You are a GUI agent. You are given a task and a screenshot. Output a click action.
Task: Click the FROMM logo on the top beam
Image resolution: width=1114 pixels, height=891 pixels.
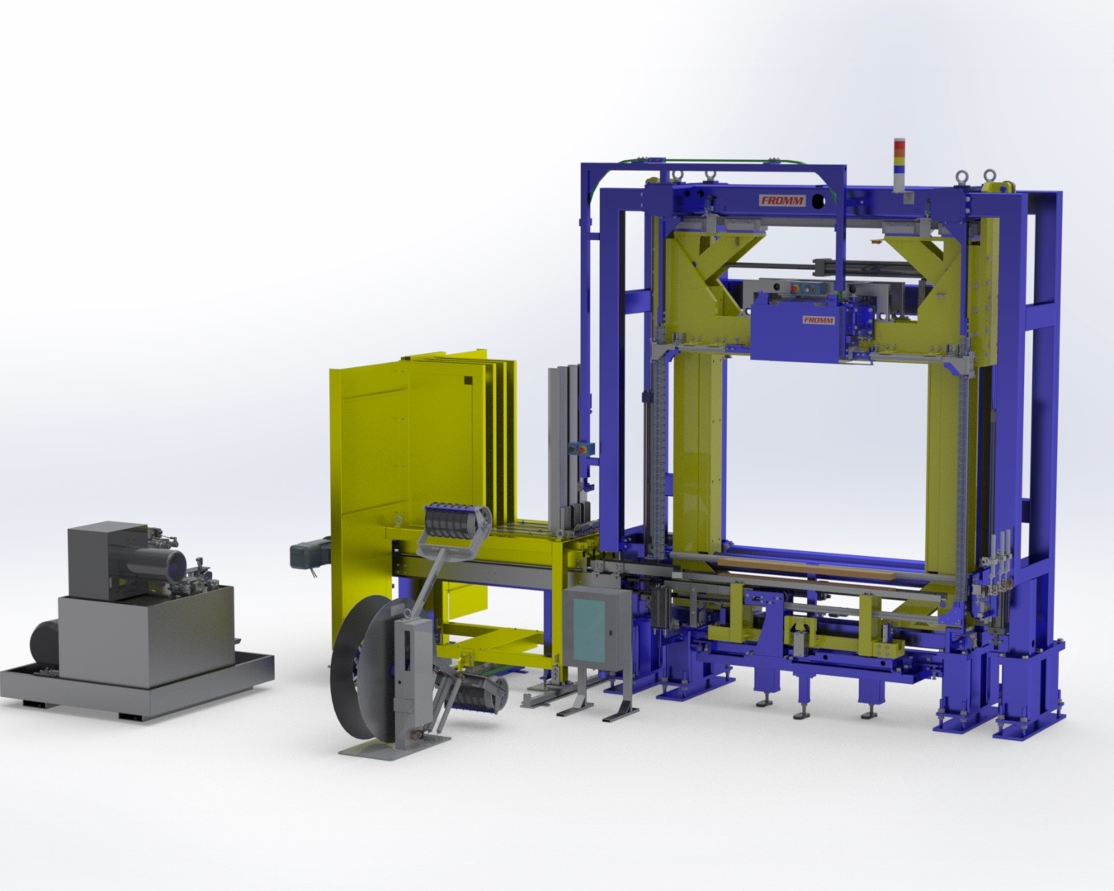(781, 200)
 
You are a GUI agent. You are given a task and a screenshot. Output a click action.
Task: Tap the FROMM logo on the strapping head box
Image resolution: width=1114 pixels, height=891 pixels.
(819, 320)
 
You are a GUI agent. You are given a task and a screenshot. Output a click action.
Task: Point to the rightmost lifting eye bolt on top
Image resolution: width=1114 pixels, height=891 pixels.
(989, 177)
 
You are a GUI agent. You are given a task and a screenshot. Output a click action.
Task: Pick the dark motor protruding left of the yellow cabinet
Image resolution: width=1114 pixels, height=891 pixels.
(309, 549)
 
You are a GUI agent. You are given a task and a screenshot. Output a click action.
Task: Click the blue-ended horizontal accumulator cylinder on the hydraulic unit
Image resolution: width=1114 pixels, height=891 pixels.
(156, 561)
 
